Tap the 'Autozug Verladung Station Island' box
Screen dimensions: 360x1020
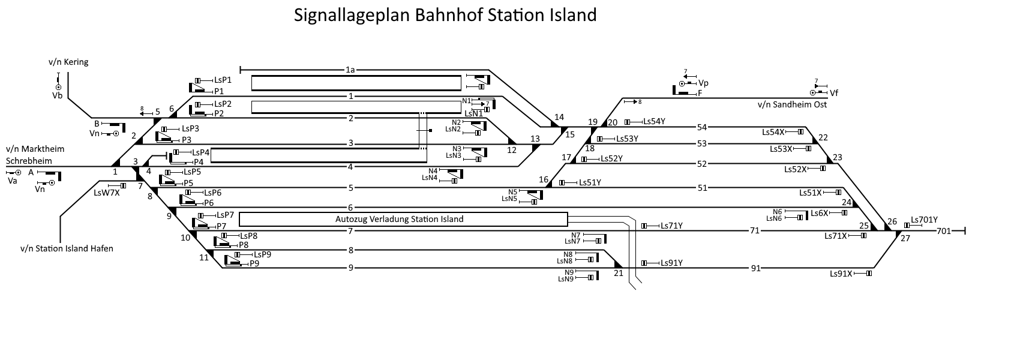(x=399, y=219)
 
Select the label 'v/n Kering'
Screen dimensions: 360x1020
(x=68, y=62)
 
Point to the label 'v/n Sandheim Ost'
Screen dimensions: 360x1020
(x=792, y=104)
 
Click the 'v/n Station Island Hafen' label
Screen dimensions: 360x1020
(x=67, y=248)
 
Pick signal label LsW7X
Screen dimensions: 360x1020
(x=107, y=193)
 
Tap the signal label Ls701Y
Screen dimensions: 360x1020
(x=924, y=220)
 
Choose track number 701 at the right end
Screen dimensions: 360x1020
(x=943, y=230)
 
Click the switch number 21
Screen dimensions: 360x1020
(x=619, y=273)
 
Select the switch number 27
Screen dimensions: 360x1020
(x=905, y=238)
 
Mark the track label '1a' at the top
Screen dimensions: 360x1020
(x=350, y=70)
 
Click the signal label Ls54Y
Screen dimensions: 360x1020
(x=654, y=121)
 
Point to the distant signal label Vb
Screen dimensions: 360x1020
(x=58, y=95)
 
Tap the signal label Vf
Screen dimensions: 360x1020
(x=834, y=93)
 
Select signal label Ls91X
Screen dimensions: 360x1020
(x=841, y=274)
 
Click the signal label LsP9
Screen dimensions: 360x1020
(x=262, y=254)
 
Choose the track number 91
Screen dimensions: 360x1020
(x=755, y=268)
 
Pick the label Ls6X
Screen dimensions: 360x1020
(x=820, y=213)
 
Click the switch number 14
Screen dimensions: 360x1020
(x=559, y=117)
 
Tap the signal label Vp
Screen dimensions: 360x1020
(x=704, y=83)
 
